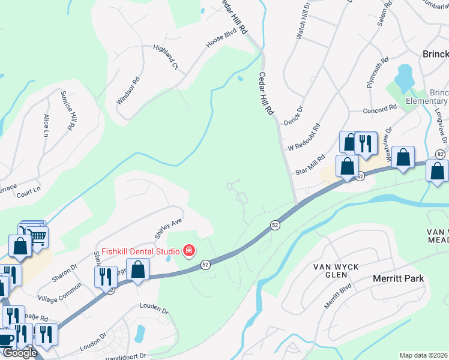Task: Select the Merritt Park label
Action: [398, 278]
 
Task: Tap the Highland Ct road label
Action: [166, 57]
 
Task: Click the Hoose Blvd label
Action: [222, 37]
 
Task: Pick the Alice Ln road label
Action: [46, 125]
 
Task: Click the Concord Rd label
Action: [381, 108]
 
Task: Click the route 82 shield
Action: [441, 154]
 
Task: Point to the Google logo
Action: [19, 352]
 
